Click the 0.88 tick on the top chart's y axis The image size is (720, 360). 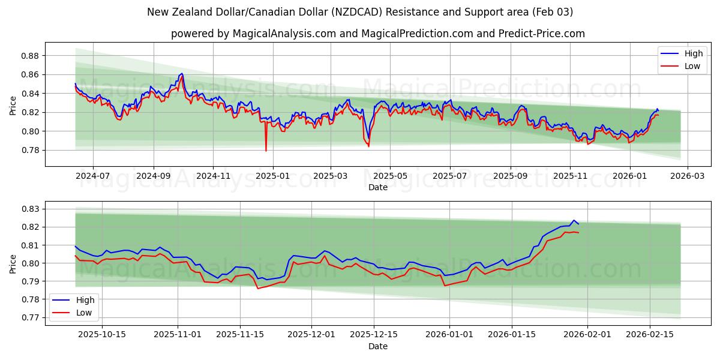pyautogui.click(x=29, y=56)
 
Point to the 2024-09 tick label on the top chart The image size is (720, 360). pyautogui.click(x=154, y=176)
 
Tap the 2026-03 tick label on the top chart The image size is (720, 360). pyautogui.click(x=687, y=176)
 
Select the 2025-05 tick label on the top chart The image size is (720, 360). pyautogui.click(x=391, y=176)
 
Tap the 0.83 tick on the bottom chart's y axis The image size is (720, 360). pyautogui.click(x=29, y=209)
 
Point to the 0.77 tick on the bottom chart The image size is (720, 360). pyautogui.click(x=29, y=317)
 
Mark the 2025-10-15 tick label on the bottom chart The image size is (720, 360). pyautogui.click(x=103, y=334)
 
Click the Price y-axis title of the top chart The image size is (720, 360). pyautogui.click(x=13, y=106)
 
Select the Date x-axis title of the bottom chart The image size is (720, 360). pyautogui.click(x=378, y=346)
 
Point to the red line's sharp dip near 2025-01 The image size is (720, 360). pyautogui.click(x=266, y=151)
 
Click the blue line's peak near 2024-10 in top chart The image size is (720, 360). pyautogui.click(x=181, y=73)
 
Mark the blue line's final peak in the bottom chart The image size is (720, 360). pyautogui.click(x=573, y=220)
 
